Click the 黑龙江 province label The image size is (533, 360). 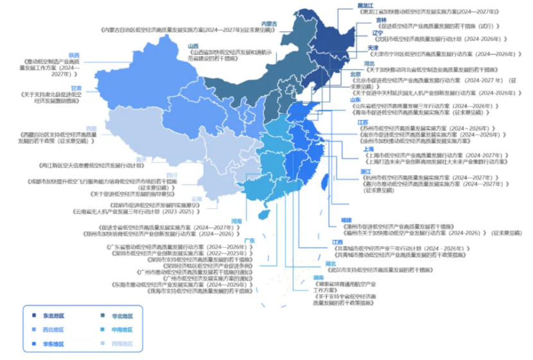click(x=365, y=6)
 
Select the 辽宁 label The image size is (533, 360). click(x=360, y=33)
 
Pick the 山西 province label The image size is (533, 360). click(x=193, y=46)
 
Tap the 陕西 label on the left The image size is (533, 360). click(x=74, y=55)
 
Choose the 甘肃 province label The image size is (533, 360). click(x=76, y=88)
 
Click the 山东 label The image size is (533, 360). click(x=355, y=100)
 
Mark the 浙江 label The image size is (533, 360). click(x=365, y=172)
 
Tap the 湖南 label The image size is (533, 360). click(x=318, y=277)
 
